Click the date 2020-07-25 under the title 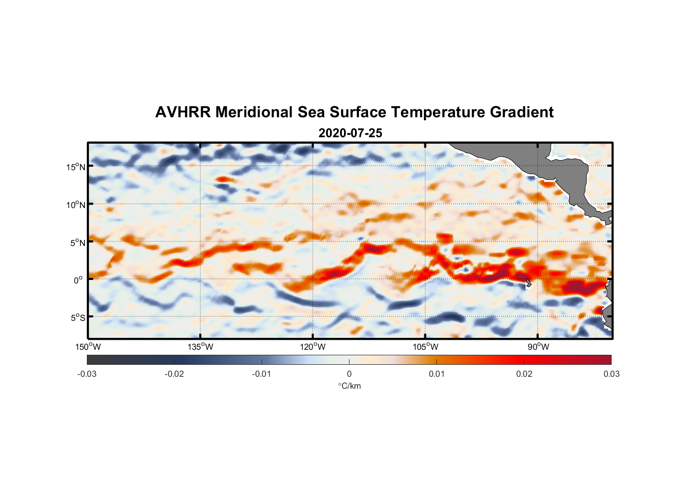[350, 133]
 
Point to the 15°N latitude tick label [75, 167]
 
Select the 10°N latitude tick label [75, 205]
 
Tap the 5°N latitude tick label [77, 243]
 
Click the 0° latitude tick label [78, 280]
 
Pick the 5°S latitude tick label [77, 317]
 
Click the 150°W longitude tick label [88, 347]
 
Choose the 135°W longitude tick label [200, 347]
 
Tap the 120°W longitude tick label [313, 347]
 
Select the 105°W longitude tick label [425, 347]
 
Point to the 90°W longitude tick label [538, 347]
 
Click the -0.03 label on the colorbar [87, 374]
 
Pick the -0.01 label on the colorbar [262, 374]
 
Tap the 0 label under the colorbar [349, 374]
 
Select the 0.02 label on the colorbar [524, 374]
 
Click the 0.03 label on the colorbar [611, 374]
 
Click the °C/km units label [349, 386]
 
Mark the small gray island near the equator [528, 283]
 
